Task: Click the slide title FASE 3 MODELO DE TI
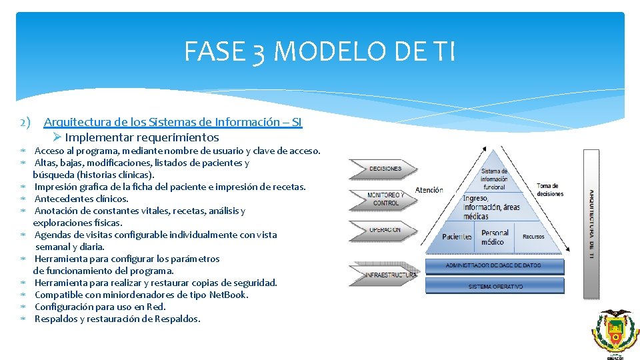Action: click(319, 51)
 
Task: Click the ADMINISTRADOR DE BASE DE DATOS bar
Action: click(494, 266)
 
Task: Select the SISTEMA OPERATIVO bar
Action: click(494, 287)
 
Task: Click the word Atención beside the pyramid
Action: click(429, 190)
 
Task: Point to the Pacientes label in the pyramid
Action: click(457, 237)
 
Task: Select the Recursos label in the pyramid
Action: click(533, 237)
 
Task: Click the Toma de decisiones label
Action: click(550, 190)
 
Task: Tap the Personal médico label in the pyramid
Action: click(495, 237)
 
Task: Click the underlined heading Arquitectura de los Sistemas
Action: click(173, 122)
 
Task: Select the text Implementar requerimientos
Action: click(141, 137)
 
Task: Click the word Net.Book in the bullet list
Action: click(228, 295)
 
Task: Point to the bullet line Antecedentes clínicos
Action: click(81, 199)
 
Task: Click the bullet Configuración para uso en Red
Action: click(100, 307)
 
